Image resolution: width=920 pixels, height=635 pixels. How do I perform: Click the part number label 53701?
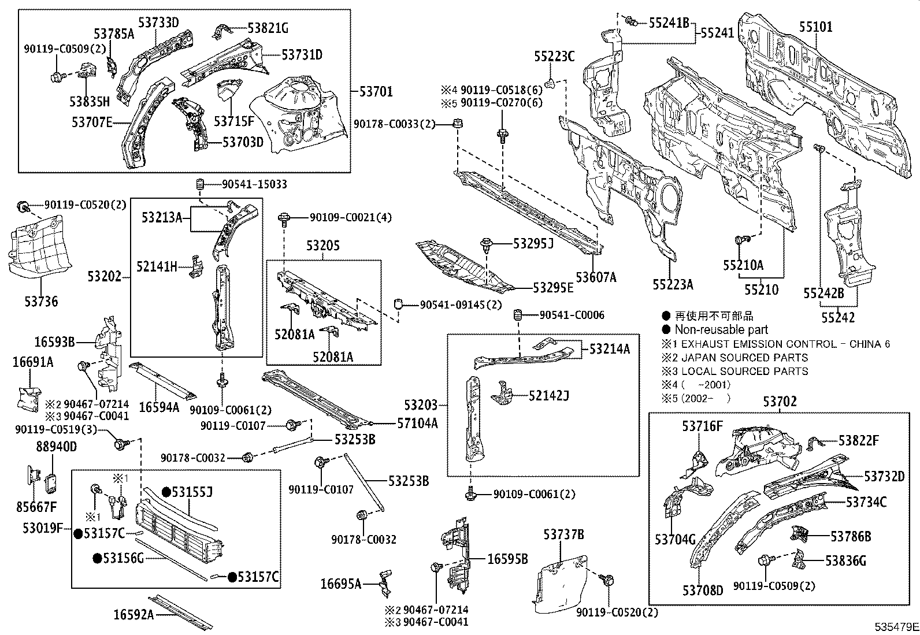coord(376,91)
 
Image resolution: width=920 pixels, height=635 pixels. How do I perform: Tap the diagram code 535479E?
coord(895,626)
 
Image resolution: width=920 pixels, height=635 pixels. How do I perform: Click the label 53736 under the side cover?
coord(40,302)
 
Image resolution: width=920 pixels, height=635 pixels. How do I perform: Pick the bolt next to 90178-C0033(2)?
coord(458,124)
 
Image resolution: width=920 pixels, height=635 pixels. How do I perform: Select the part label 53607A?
coord(596,278)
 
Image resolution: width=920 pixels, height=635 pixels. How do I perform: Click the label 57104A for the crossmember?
coord(417,424)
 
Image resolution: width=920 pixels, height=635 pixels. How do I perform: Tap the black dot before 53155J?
coord(166,492)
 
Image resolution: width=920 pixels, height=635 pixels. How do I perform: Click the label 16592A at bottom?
coord(134,615)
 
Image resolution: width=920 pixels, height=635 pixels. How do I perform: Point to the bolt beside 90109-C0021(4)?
coord(284,218)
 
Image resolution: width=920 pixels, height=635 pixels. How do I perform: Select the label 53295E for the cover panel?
coord(553,287)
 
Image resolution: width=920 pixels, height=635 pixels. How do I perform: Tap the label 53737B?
coord(563,535)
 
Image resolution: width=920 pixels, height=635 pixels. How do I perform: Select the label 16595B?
coord(508,559)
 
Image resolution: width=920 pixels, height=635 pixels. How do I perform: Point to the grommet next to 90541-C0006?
coord(518,315)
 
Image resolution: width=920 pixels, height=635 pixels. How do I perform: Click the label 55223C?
coord(554,56)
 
